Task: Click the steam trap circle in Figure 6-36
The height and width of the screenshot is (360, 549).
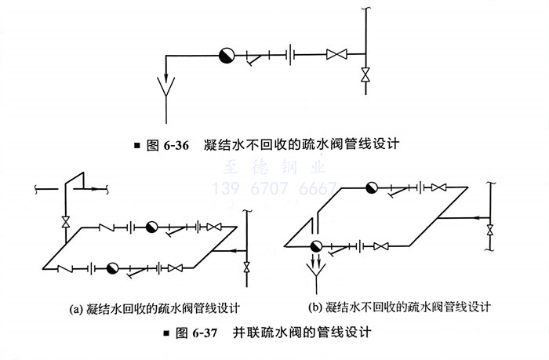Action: point(227,54)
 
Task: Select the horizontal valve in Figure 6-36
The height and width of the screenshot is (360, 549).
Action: point(336,55)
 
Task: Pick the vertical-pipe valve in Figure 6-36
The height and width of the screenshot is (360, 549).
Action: point(365,76)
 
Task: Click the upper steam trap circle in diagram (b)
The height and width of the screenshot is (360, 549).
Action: point(372,187)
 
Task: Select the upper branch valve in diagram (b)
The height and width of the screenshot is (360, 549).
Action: point(441,188)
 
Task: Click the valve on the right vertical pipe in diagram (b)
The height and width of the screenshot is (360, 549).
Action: point(490,230)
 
